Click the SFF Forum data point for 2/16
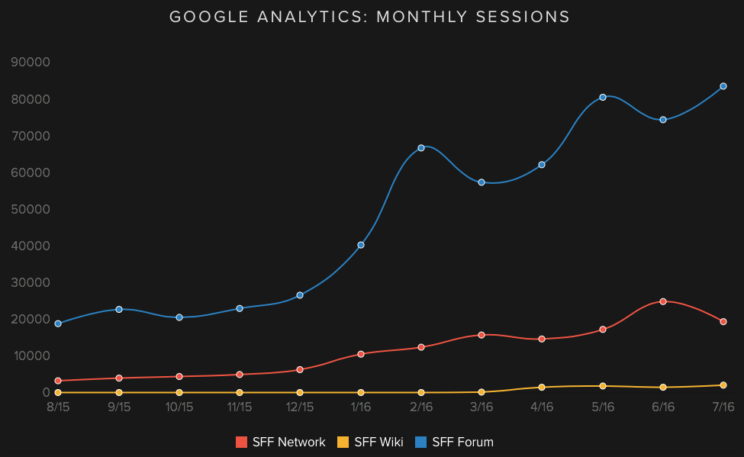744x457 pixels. pyautogui.click(x=421, y=147)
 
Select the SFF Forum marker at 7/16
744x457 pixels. pyautogui.click(x=723, y=86)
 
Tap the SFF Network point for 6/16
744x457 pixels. pyautogui.click(x=663, y=301)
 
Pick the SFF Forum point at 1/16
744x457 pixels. pyautogui.click(x=361, y=245)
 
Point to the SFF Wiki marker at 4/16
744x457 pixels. pyautogui.click(x=542, y=388)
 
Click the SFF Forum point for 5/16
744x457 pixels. pyautogui.click(x=603, y=97)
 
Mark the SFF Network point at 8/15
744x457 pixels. pyautogui.click(x=58, y=381)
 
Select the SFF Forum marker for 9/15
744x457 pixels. pyautogui.click(x=119, y=309)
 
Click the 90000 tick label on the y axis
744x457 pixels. pyautogui.click(x=31, y=63)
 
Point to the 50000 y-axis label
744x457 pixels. pyautogui.click(x=31, y=209)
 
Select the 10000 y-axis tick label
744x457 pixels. pyautogui.click(x=31, y=356)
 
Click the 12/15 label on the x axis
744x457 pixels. pyautogui.click(x=300, y=407)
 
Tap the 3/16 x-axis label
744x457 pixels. pyautogui.click(x=482, y=407)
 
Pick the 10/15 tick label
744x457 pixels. pyautogui.click(x=179, y=407)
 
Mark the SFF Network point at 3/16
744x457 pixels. pyautogui.click(x=482, y=335)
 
